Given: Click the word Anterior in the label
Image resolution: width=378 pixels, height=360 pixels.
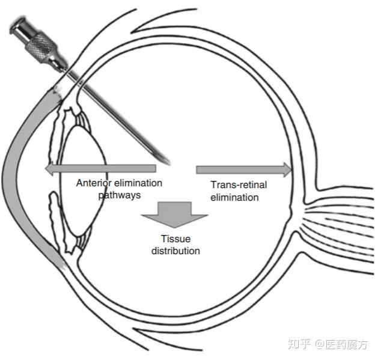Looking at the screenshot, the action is pyautogui.click(x=94, y=184).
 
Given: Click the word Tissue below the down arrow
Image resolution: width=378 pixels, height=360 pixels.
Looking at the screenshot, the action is pyautogui.click(x=175, y=239).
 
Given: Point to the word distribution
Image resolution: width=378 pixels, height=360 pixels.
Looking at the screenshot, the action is pyautogui.click(x=175, y=250).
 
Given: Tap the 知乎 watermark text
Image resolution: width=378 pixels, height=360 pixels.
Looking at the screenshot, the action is pyautogui.click(x=299, y=344).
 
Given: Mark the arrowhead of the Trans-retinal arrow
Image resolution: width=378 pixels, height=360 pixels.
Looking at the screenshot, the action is pyautogui.click(x=287, y=169).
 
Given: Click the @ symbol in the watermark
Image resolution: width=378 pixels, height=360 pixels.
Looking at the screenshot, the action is pyautogui.click(x=319, y=344).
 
